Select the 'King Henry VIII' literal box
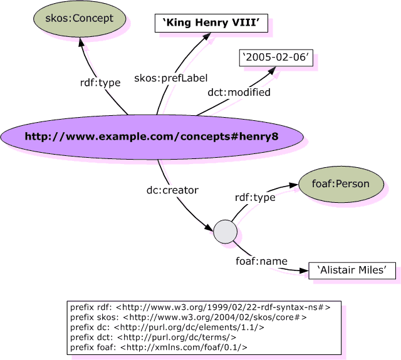(211, 24)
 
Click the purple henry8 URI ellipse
(151, 136)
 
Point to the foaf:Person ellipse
(340, 184)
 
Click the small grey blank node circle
(225, 232)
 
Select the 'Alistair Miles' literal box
(352, 270)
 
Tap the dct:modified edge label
(239, 92)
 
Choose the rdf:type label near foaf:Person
(254, 198)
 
